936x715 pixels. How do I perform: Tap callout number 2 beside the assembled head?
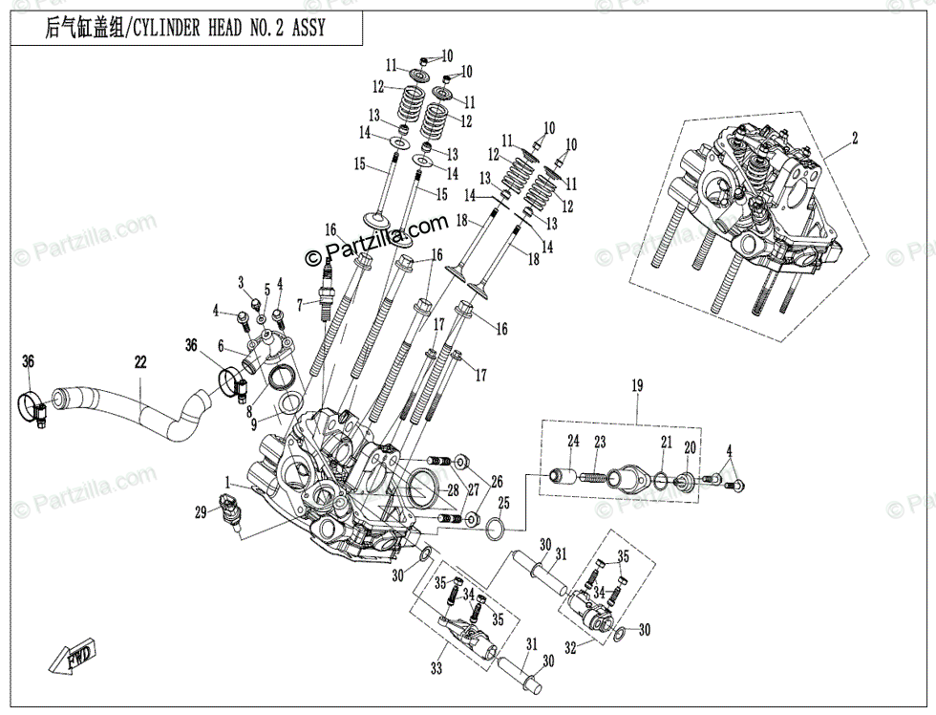coord(855,138)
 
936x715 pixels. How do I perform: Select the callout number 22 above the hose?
coord(141,362)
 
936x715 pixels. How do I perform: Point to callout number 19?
coord(637,385)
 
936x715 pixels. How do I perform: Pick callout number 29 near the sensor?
coord(201,513)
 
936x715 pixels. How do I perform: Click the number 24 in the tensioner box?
coord(574,441)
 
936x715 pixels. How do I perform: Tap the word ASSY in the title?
coord(306,28)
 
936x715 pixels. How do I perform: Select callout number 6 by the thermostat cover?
coord(221,346)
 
